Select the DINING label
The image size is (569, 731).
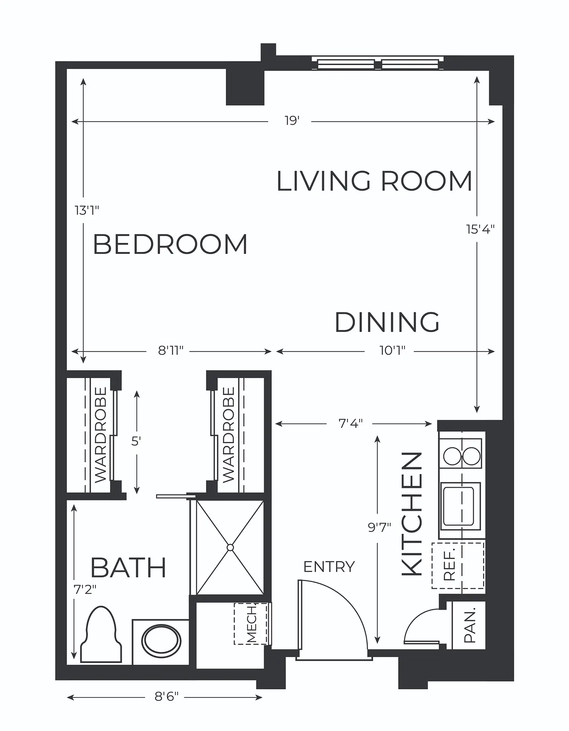click(387, 322)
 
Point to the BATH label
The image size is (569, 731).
click(128, 568)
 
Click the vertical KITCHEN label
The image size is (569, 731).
click(412, 514)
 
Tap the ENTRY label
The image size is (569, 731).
click(329, 567)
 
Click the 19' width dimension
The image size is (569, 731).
click(292, 121)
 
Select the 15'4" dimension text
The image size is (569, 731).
click(480, 229)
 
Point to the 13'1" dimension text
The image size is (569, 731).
click(87, 210)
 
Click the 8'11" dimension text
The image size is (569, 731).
click(171, 351)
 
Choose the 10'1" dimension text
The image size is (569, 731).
click(392, 351)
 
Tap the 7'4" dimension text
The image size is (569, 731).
click(350, 423)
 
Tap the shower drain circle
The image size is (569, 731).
click(230, 547)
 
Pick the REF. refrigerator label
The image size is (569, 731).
click(450, 566)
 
